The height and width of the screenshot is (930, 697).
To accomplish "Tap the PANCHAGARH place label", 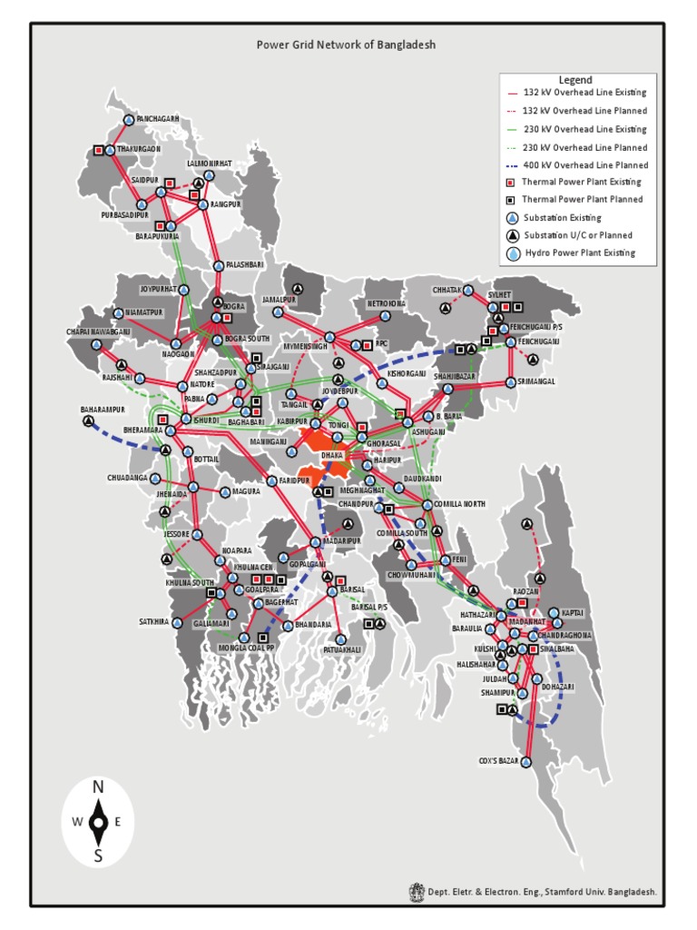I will (x=157, y=119).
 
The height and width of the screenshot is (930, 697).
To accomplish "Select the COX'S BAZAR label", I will (x=498, y=761).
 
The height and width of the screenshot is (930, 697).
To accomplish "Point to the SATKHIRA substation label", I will (x=154, y=622).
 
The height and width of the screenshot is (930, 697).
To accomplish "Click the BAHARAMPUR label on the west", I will (x=102, y=410).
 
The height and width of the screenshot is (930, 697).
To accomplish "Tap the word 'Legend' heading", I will (x=575, y=80).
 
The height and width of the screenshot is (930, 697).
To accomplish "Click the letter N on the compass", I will (x=98, y=787).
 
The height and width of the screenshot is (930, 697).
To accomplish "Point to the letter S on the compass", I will (x=98, y=855).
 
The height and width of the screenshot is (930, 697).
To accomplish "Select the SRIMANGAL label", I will (x=536, y=381).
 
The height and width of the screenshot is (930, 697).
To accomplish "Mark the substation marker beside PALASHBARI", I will (x=219, y=265).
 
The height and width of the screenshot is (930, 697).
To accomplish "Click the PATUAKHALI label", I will (x=341, y=649).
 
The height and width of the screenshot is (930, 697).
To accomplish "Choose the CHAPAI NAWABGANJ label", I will (x=98, y=331).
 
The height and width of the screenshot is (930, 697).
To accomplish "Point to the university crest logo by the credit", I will (x=417, y=892).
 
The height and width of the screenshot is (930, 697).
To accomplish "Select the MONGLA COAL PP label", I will (x=246, y=648).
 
